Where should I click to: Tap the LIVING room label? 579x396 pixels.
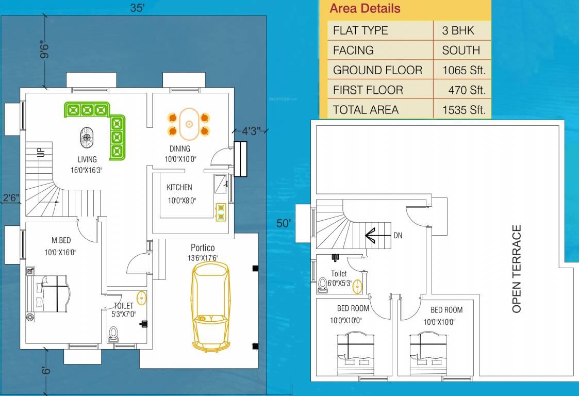tap(87, 159)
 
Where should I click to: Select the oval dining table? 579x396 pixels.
tap(189, 124)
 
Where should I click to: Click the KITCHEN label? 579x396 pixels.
tap(179, 187)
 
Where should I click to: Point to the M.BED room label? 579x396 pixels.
tap(61, 240)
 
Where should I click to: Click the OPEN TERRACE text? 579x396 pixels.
tap(517, 268)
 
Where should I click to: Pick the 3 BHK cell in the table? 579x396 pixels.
tap(458, 30)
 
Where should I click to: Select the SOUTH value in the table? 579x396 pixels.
tap(460, 51)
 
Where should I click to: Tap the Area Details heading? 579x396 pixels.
tap(365, 9)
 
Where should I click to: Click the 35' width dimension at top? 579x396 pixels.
tap(137, 8)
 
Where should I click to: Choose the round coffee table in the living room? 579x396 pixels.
tap(87, 138)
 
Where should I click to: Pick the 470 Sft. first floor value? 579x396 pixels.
tap(467, 90)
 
